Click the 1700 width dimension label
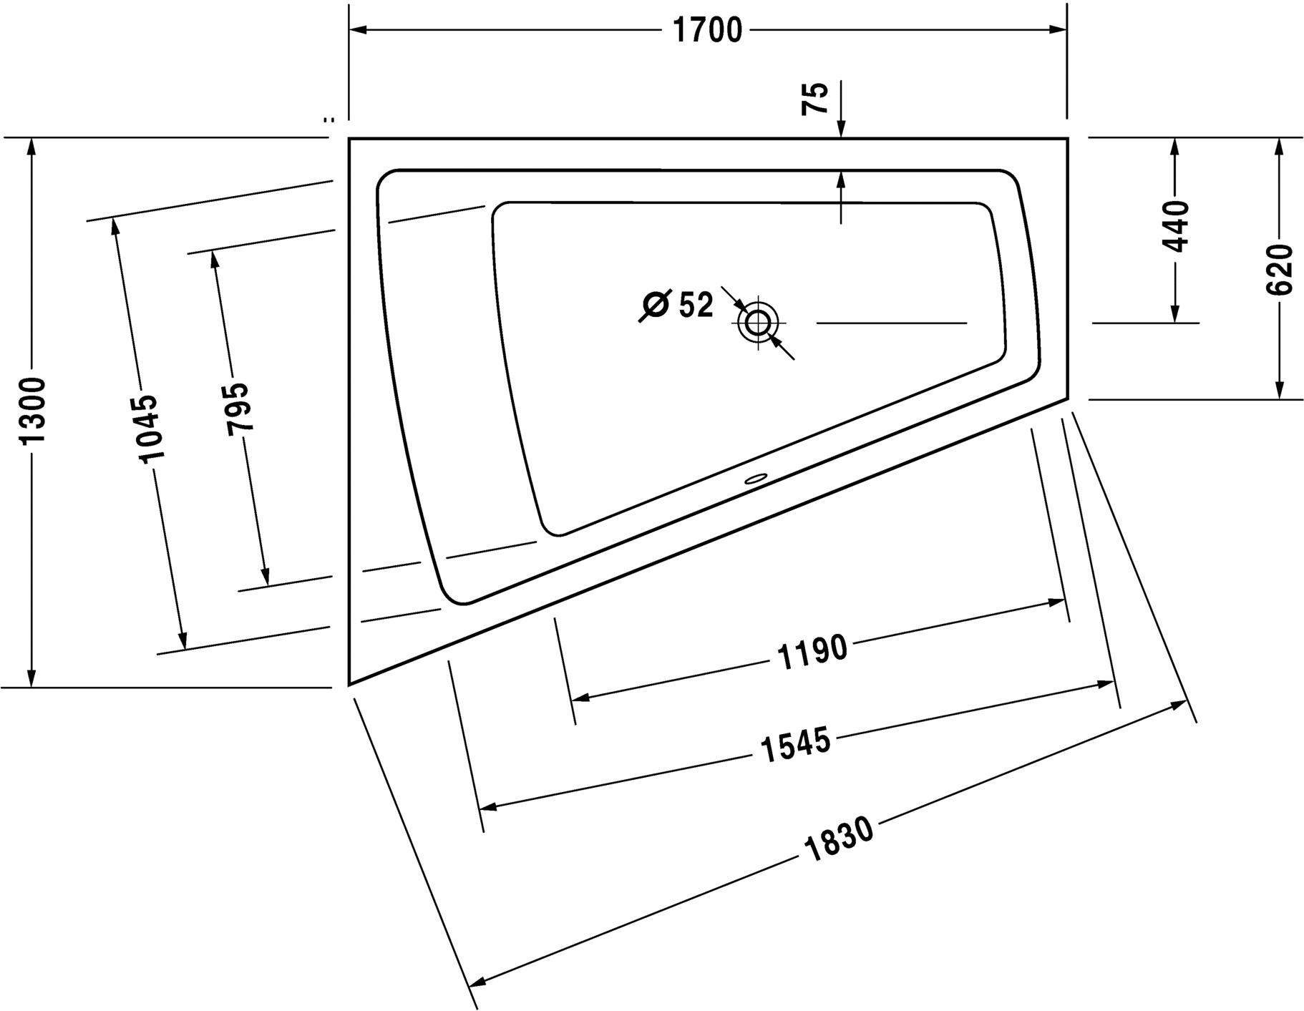708,30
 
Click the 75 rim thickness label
815,98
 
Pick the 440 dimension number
1174,227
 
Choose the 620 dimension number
1279,269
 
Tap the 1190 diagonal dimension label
812,651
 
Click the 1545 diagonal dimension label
794,745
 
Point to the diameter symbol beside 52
655,306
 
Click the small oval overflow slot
756,479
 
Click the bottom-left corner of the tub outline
349,685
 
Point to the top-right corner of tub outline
1068,138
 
